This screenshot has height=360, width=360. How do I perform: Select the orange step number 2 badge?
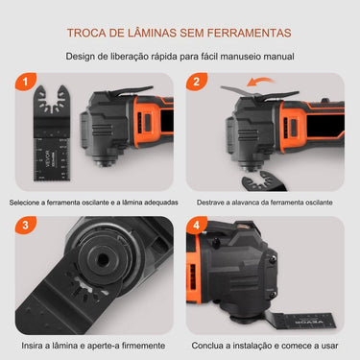tap(199, 84)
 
